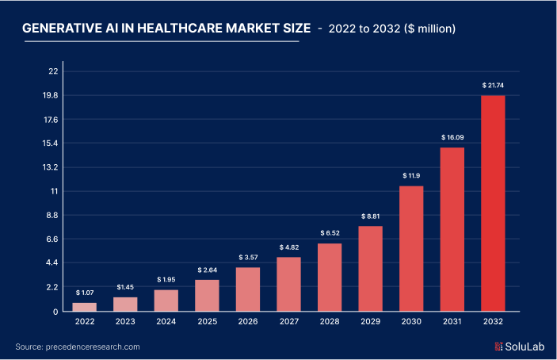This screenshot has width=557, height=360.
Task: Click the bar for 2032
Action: coord(493,203)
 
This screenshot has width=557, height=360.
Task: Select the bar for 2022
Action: coord(84,307)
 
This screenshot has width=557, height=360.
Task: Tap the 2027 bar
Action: coord(288,284)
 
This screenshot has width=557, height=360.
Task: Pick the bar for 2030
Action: coord(411,248)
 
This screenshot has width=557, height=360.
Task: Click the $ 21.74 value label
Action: coord(493,85)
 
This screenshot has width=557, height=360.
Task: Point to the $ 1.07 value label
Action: coord(84,293)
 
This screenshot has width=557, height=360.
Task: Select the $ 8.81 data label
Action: coord(370,216)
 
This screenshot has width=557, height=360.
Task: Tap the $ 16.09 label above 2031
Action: coord(452,137)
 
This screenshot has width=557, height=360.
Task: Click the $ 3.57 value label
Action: coord(247,257)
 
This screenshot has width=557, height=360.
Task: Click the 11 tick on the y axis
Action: coord(54,191)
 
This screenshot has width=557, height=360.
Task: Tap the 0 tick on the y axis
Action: coord(55,311)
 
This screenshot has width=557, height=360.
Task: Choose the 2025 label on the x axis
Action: coord(207,323)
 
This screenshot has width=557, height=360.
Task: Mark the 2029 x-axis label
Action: coord(370,323)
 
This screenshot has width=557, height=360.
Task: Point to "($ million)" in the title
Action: coord(429,29)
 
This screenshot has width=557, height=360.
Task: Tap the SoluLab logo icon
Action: coord(499,347)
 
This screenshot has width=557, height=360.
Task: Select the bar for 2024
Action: coord(166,301)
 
